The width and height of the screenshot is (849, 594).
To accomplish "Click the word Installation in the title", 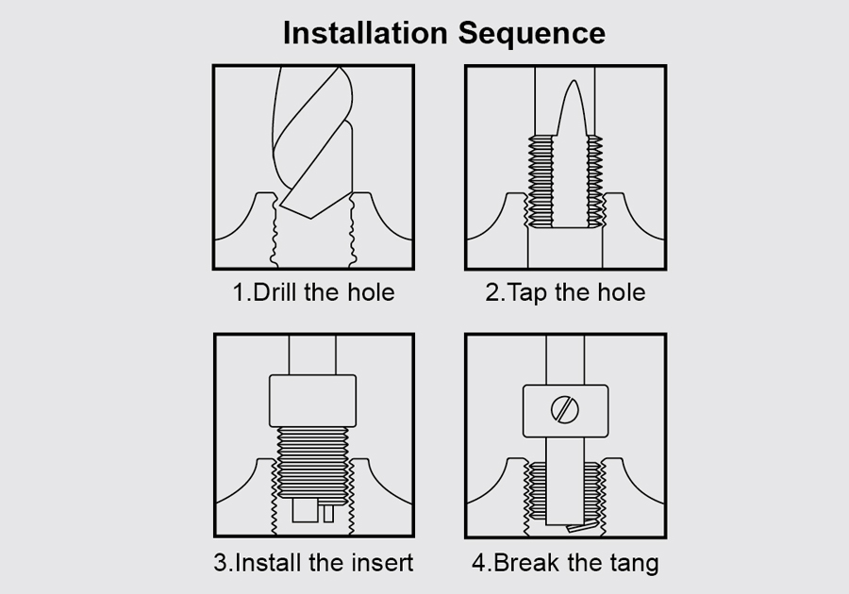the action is [x=365, y=33].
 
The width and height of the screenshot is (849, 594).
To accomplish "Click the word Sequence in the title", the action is [x=532, y=34].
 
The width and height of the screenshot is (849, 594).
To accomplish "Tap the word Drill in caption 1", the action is [x=275, y=292].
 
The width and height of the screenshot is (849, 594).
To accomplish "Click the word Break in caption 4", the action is [x=526, y=563].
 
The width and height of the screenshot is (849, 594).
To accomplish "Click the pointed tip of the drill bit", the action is [x=310, y=218].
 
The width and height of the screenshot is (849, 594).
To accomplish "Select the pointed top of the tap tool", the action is [x=574, y=82].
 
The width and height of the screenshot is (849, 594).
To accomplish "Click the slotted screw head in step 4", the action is [x=565, y=409].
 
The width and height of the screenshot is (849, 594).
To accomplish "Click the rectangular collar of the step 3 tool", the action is [x=312, y=401].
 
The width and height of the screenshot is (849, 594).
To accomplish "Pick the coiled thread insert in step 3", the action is [x=312, y=463].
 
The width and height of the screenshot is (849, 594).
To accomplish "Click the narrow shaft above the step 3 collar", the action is [x=312, y=355].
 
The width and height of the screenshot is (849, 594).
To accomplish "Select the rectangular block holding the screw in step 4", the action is [x=565, y=410].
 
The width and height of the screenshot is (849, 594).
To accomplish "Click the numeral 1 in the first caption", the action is [x=239, y=292].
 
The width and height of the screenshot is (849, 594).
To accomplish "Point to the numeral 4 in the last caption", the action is [x=478, y=563].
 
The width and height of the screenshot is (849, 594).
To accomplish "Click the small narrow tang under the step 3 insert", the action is [x=328, y=514].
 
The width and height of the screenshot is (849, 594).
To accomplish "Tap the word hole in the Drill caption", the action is [x=371, y=292].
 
